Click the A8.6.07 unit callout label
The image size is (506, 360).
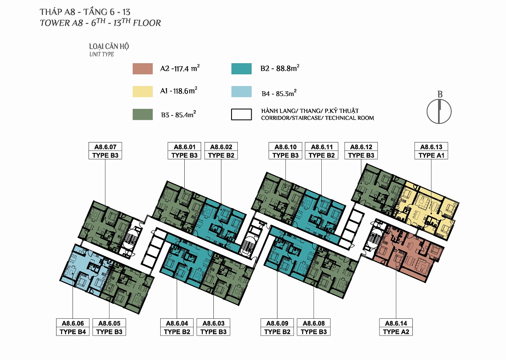(x=105, y=151)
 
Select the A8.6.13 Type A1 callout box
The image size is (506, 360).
(x=431, y=151)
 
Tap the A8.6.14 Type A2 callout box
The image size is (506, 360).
(x=396, y=327)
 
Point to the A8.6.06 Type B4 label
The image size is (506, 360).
(x=73, y=327)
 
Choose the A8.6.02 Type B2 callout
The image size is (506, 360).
(x=221, y=151)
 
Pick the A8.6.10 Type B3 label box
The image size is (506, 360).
(x=285, y=151)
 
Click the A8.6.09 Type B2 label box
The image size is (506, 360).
(x=277, y=327)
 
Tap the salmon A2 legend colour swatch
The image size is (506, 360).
(x=143, y=69)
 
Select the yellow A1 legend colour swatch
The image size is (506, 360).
(x=143, y=91)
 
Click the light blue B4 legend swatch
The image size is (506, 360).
(x=242, y=91)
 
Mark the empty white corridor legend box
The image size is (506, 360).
(x=242, y=115)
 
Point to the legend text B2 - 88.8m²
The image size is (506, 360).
(x=280, y=68)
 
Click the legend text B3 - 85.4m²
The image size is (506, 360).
(x=178, y=115)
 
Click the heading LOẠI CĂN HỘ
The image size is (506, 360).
(x=109, y=46)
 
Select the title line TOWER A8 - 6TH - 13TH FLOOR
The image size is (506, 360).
(x=100, y=23)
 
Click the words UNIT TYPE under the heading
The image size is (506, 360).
(x=102, y=54)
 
